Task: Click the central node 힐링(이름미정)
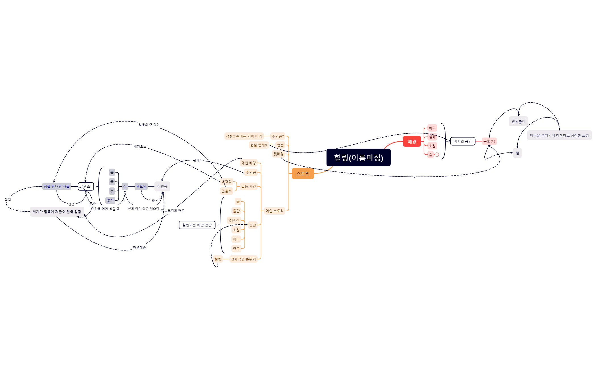[358, 158]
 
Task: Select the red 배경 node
[412, 142]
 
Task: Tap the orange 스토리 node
[303, 174]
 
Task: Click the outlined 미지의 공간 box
[463, 141]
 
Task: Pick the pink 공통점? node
[489, 141]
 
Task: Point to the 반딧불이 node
[518, 121]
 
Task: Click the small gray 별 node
[517, 153]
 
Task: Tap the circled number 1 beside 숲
[437, 155]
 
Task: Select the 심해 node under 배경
[432, 137]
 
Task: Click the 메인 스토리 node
[274, 211]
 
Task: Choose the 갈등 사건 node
[248, 186]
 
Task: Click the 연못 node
[236, 249]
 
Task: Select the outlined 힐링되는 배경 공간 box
[197, 225]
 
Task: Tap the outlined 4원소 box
[86, 186]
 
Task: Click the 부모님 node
[141, 186]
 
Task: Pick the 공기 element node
[110, 201]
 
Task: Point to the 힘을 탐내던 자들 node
[57, 186]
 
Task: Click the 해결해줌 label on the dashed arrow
[139, 248]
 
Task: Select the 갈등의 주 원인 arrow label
[149, 125]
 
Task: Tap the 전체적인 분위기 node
[243, 259]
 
